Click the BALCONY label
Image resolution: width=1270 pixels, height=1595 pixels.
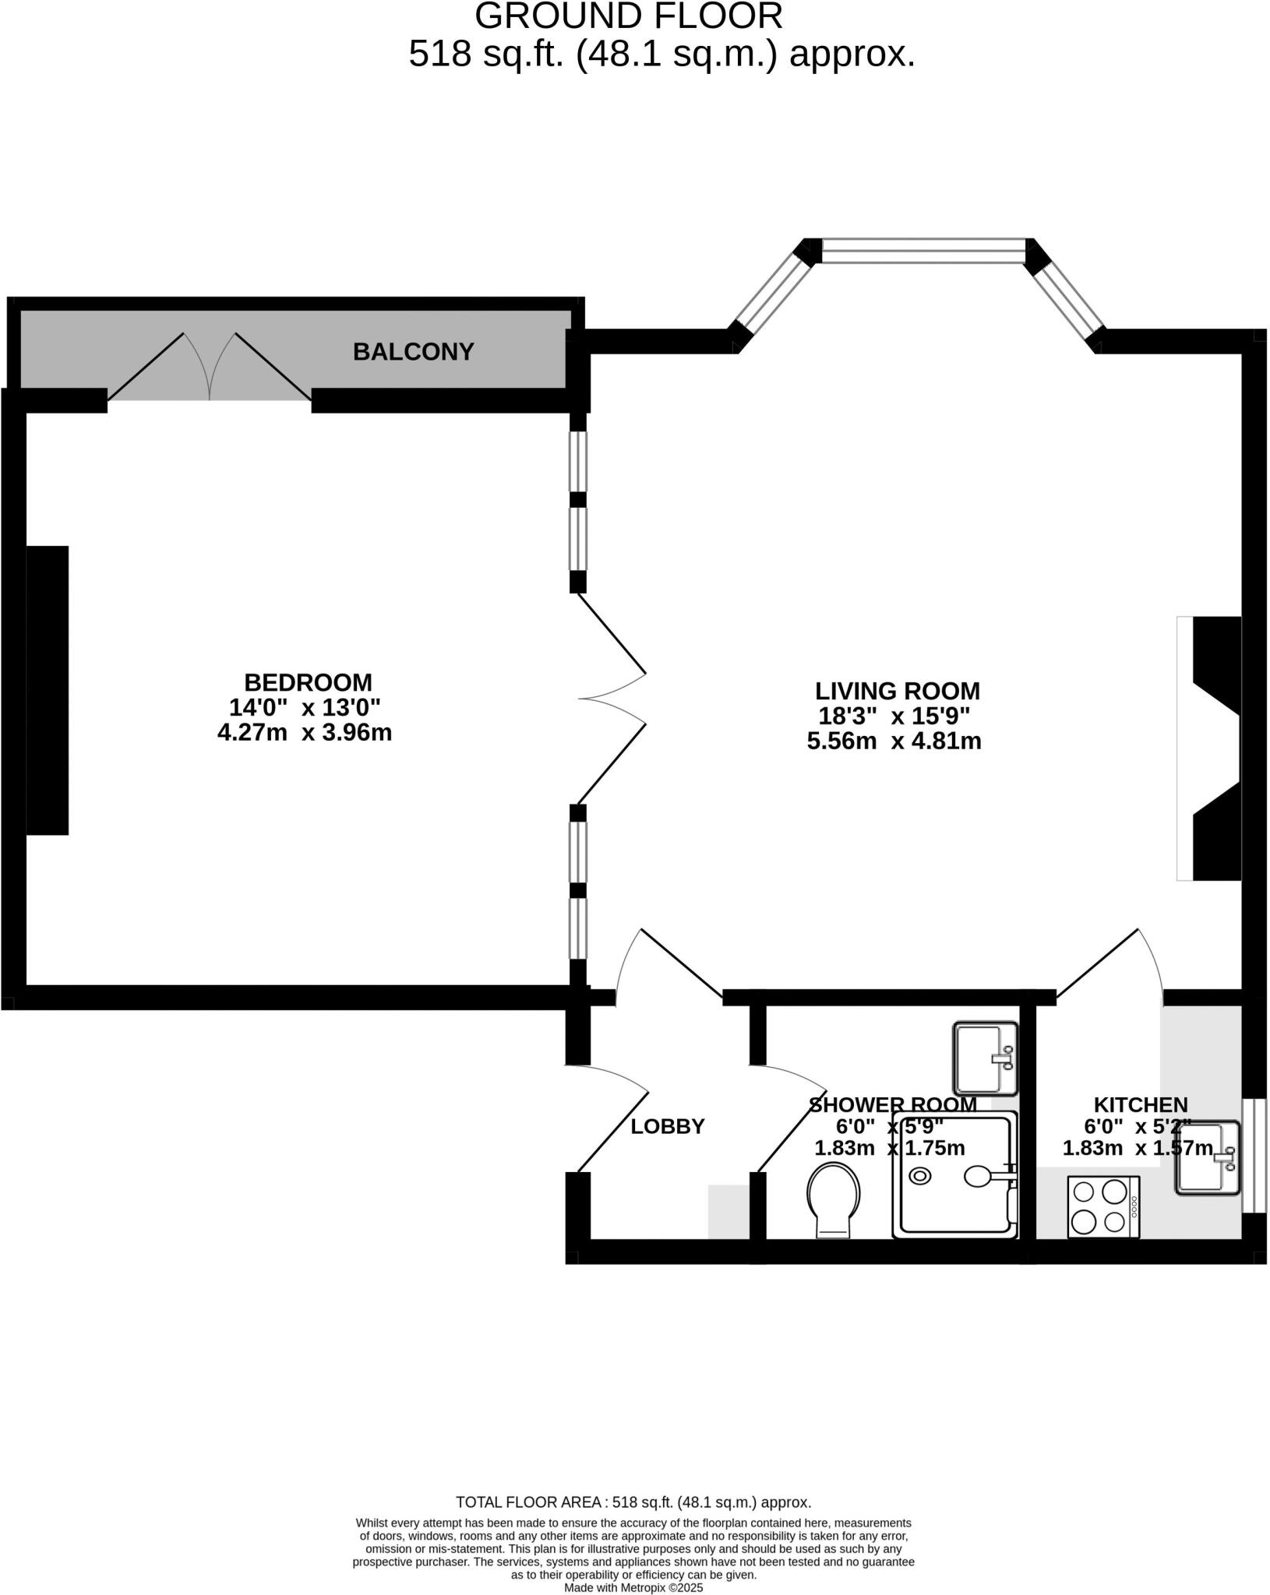[413, 352]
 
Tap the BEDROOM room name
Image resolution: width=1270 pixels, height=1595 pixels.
[308, 682]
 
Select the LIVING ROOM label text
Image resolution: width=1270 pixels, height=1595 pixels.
[897, 691]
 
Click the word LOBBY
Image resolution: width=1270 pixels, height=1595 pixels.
[667, 1126]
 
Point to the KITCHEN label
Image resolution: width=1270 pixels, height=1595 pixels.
[1140, 1104]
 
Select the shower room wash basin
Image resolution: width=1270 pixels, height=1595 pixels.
[986, 1058]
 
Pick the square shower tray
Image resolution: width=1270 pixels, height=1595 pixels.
[955, 1176]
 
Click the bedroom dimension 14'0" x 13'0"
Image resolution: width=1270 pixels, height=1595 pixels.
[305, 708]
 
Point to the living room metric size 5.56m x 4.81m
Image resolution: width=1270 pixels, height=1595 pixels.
[894, 741]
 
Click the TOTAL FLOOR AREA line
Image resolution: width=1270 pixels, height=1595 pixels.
[633, 1502]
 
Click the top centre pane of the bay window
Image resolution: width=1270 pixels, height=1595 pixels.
[923, 251]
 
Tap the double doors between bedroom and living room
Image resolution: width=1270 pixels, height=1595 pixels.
[612, 699]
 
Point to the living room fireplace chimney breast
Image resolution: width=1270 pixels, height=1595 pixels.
[1215, 748]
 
